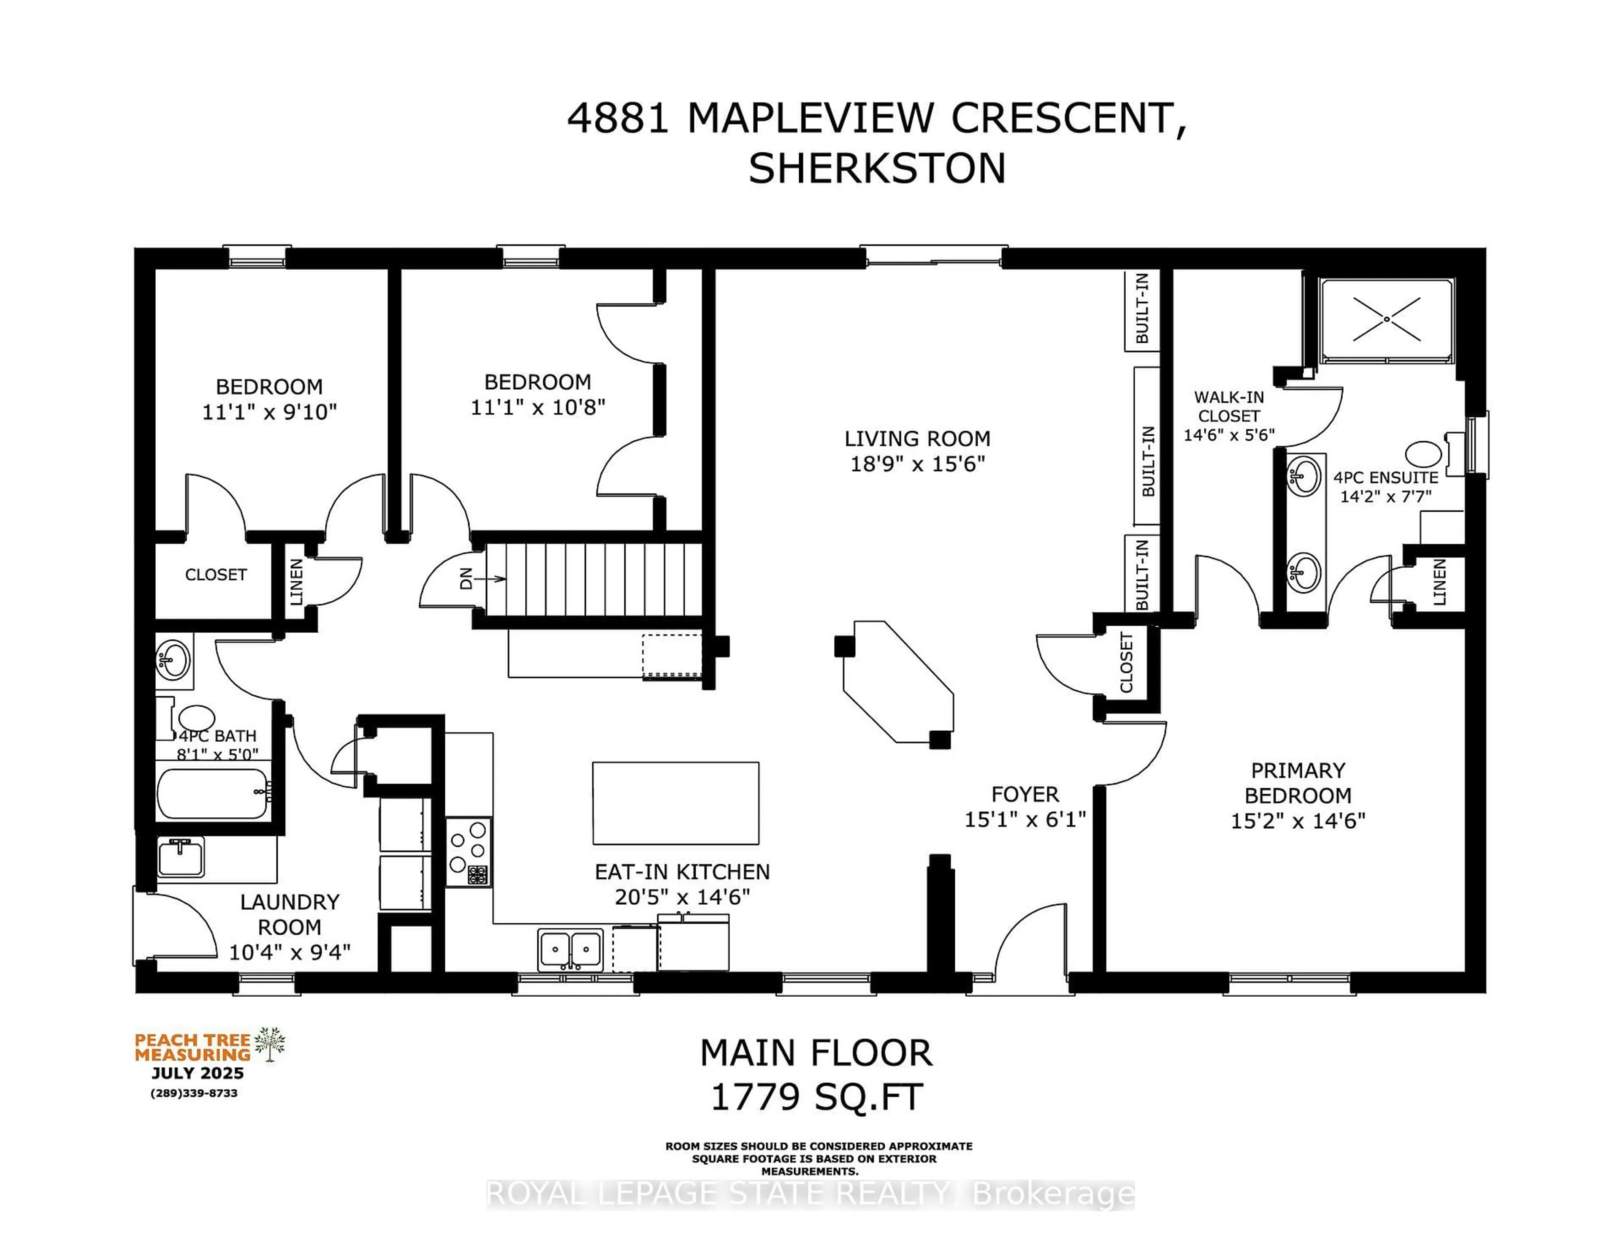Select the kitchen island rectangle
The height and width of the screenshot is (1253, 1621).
(x=675, y=803)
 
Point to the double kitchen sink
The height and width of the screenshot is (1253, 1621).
(x=570, y=949)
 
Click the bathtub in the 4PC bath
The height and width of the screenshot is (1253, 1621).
(x=213, y=794)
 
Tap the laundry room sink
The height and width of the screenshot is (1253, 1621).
(x=180, y=857)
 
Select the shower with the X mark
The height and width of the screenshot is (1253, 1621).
(x=1386, y=320)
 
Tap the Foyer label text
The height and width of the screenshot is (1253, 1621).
(x=1025, y=794)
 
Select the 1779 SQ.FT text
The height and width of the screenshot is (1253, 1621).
(x=816, y=1097)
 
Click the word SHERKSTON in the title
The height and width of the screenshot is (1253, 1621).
(x=876, y=168)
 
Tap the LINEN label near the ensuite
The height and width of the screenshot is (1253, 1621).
(x=1439, y=582)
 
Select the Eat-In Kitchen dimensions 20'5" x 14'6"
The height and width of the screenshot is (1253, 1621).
(x=682, y=897)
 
